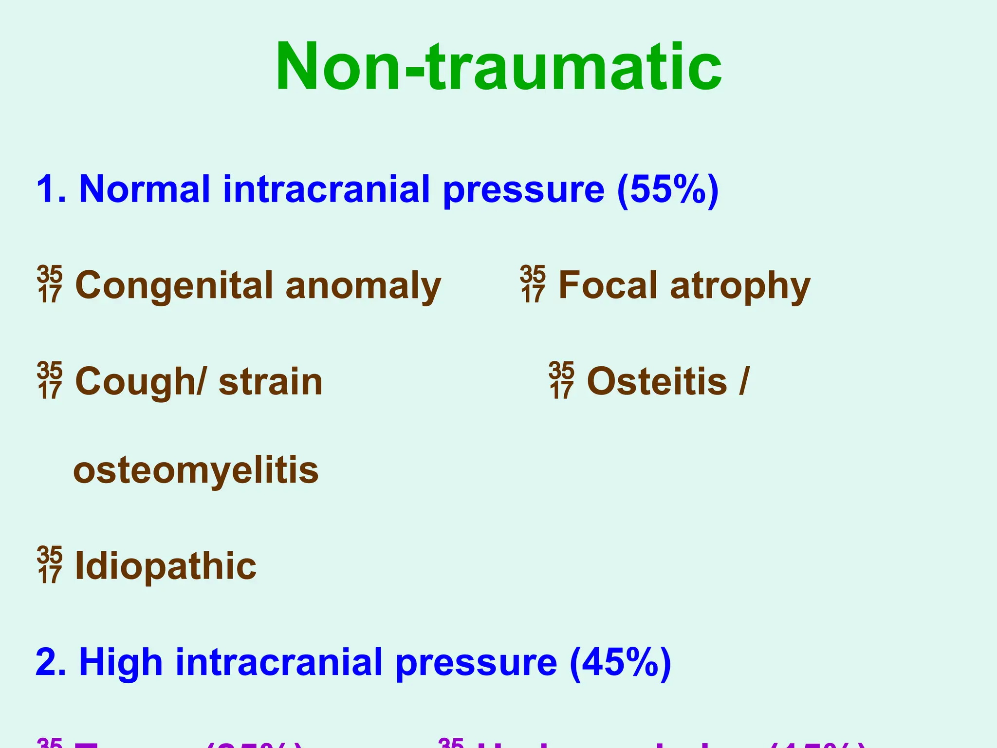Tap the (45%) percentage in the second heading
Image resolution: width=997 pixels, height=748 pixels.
click(x=620, y=662)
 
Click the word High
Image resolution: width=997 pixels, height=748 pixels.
click(x=120, y=662)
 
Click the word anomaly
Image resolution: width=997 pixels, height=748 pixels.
click(x=363, y=286)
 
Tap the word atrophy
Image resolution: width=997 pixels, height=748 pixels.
click(x=740, y=286)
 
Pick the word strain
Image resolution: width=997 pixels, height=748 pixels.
click(x=270, y=382)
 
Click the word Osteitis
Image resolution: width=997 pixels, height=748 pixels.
click(x=657, y=381)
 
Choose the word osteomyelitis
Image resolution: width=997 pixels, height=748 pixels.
click(x=196, y=471)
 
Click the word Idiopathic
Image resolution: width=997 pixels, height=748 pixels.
click(x=166, y=566)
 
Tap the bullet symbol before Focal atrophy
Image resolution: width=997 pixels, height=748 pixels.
click(x=533, y=285)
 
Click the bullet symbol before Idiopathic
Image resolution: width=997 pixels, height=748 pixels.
click(x=50, y=565)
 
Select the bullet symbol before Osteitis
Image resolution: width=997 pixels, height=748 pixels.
click(x=561, y=381)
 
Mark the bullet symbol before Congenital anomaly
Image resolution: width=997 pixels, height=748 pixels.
click(x=50, y=285)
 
